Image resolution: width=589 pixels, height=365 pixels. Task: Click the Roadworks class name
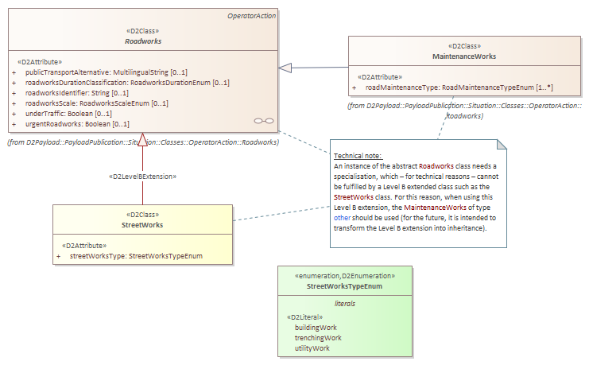(143, 40)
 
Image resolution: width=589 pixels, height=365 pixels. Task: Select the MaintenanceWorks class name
(465, 57)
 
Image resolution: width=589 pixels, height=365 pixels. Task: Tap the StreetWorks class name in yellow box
(143, 226)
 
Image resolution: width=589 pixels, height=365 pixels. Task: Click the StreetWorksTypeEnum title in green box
(344, 285)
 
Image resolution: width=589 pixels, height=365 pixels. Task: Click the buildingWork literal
(316, 327)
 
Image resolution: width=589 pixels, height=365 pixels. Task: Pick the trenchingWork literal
(318, 337)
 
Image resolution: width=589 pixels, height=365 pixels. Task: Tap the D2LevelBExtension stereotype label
(142, 176)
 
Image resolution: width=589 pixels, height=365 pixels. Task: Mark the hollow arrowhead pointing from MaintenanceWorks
(285, 68)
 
